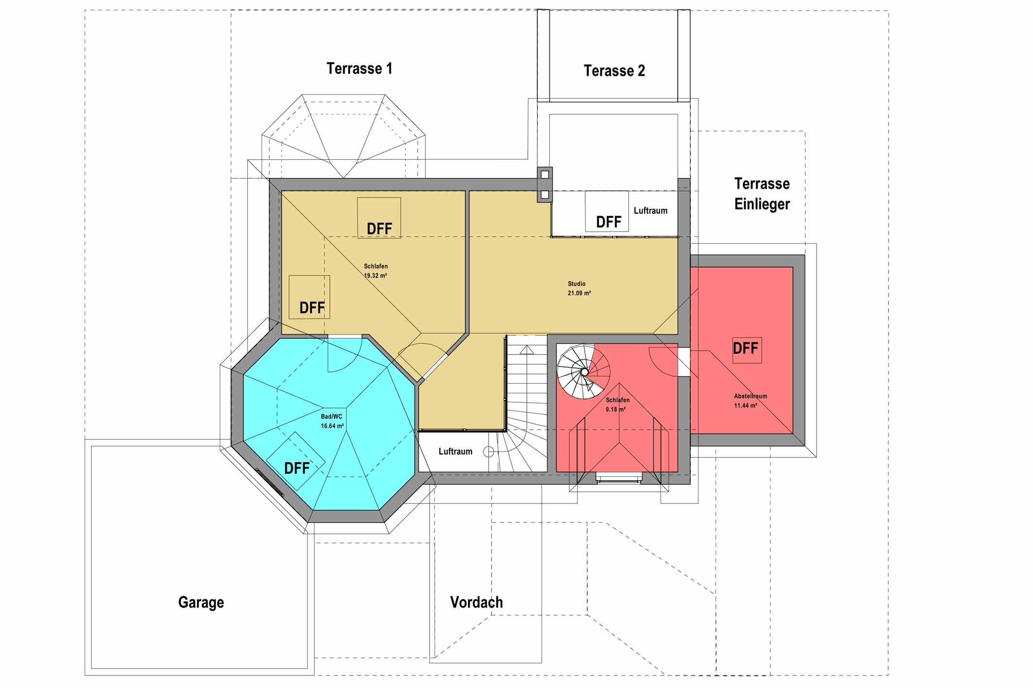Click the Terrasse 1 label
click(x=359, y=68)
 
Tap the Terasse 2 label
click(x=614, y=71)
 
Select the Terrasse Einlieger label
click(x=762, y=194)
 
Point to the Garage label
click(x=201, y=602)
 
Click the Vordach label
click(x=476, y=602)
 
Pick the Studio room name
click(x=577, y=284)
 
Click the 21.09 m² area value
click(x=579, y=293)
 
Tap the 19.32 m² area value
click(x=375, y=275)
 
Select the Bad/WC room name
click(x=332, y=417)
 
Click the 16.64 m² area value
click(x=332, y=426)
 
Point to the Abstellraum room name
click(x=751, y=396)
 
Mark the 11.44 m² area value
click(x=745, y=405)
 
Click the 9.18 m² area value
click(x=615, y=409)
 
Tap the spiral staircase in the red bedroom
click(x=583, y=372)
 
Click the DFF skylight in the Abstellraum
click(x=747, y=350)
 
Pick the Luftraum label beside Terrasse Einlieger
click(x=650, y=211)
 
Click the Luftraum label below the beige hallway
click(x=455, y=452)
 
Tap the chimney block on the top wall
click(x=544, y=185)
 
